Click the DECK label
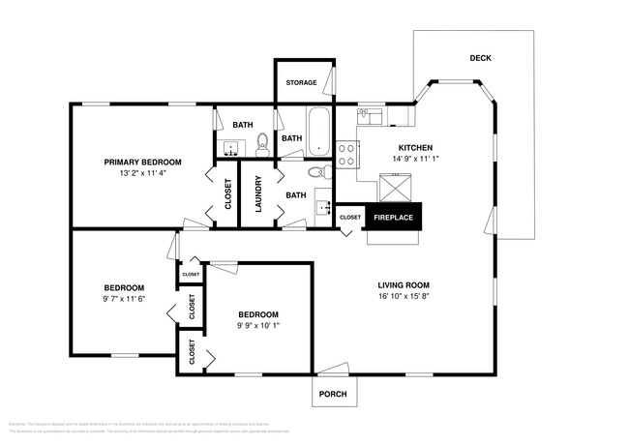click(480, 58)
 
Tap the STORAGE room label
click(301, 83)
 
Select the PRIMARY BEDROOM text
click(143, 162)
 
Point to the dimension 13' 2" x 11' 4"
click(143, 174)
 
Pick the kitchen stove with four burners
click(347, 156)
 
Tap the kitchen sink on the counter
click(370, 117)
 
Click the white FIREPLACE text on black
click(393, 218)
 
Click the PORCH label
click(332, 394)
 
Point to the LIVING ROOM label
click(404, 285)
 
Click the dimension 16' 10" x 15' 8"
click(404, 298)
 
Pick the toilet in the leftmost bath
click(262, 148)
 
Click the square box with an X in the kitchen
click(394, 185)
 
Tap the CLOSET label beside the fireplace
click(349, 218)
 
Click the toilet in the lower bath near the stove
click(316, 174)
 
